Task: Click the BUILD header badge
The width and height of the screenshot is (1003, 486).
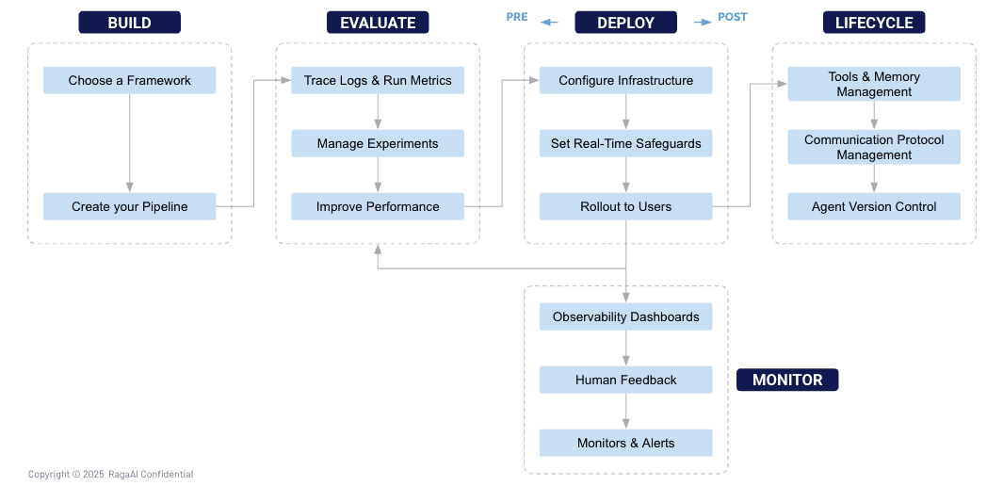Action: pyautogui.click(x=129, y=23)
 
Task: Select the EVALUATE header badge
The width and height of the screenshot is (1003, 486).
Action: pyautogui.click(x=378, y=23)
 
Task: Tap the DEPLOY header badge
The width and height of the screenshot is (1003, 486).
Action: pyautogui.click(x=625, y=23)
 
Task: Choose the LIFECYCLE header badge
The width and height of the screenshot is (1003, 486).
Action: pyautogui.click(x=874, y=23)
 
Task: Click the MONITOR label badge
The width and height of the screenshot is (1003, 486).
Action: pyautogui.click(x=787, y=380)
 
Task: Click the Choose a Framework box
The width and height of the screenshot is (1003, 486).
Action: pyautogui.click(x=130, y=81)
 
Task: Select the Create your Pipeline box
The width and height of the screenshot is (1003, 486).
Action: pyautogui.click(x=130, y=206)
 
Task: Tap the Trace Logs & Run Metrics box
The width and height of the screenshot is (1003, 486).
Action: pyautogui.click(x=378, y=81)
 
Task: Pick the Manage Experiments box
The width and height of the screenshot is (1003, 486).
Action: pyautogui.click(x=378, y=143)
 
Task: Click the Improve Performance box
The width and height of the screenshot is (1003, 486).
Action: pyautogui.click(x=378, y=206)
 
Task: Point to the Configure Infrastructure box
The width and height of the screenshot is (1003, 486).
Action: pyautogui.click(x=626, y=81)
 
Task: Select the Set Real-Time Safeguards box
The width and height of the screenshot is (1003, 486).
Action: pyautogui.click(x=626, y=143)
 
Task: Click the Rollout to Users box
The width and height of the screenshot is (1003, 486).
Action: pyautogui.click(x=626, y=206)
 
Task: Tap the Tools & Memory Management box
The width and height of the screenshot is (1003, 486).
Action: pyautogui.click(x=874, y=84)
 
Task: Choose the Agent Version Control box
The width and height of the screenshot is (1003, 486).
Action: pyautogui.click(x=874, y=206)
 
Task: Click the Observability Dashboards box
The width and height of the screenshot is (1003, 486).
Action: pyautogui.click(x=626, y=316)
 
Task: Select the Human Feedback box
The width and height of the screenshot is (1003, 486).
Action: pyautogui.click(x=626, y=380)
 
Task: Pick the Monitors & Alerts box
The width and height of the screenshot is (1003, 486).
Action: pyautogui.click(x=626, y=443)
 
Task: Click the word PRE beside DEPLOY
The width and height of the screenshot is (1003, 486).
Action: pyautogui.click(x=517, y=17)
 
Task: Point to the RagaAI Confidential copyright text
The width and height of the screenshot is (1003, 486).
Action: pyautogui.click(x=111, y=474)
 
